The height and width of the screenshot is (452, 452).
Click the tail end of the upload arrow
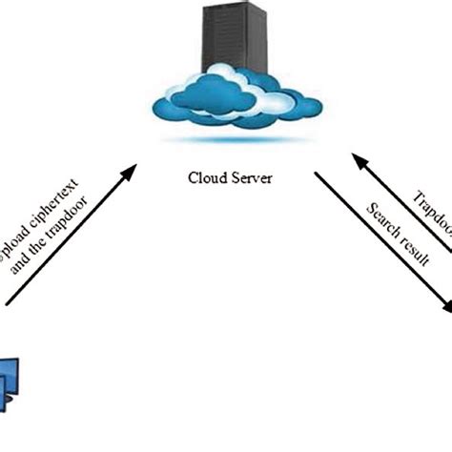[x=8, y=303]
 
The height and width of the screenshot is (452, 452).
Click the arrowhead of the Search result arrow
[x=446, y=307]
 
